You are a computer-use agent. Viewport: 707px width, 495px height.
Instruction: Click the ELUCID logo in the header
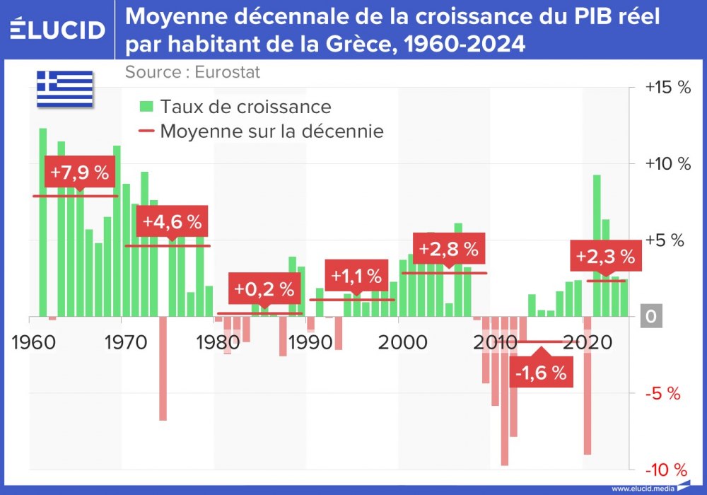(58, 30)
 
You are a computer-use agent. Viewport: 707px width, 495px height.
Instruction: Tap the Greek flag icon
(65, 88)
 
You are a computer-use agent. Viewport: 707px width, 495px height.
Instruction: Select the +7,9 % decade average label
(80, 172)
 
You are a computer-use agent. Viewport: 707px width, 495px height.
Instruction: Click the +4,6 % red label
(172, 221)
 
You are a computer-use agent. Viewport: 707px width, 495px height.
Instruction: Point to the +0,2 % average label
(264, 289)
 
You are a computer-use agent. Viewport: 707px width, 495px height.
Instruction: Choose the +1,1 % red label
(356, 275)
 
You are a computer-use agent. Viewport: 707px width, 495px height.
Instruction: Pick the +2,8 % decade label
(448, 249)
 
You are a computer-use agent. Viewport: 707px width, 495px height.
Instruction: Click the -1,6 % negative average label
(541, 373)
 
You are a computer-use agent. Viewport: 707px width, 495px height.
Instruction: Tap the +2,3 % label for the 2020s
(605, 256)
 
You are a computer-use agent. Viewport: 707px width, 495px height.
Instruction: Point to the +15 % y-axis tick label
(667, 88)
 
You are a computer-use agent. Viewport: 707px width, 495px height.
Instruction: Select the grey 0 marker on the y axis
(651, 318)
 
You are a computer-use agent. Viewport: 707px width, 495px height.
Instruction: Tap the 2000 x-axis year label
(402, 342)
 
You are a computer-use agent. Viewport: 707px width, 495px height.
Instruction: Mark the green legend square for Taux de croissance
(146, 107)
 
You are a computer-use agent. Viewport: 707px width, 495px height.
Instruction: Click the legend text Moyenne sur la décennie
(271, 131)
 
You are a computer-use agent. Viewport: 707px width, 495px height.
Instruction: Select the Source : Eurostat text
(192, 72)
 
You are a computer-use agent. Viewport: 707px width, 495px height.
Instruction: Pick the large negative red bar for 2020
(588, 385)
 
